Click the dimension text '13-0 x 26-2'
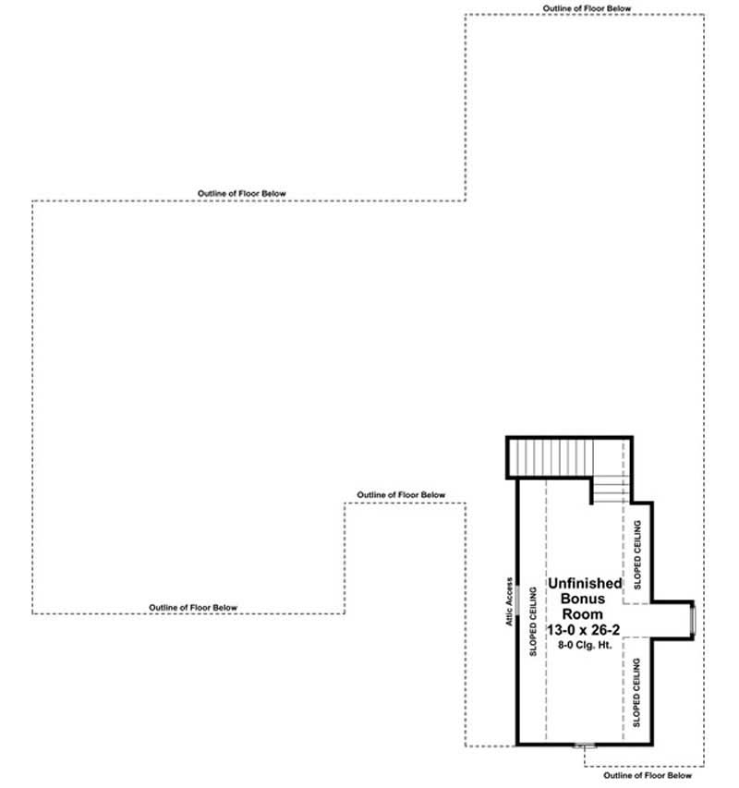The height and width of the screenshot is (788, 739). click(x=584, y=629)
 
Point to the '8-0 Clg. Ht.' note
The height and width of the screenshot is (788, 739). click(x=584, y=645)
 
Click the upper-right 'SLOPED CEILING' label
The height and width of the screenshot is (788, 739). click(x=637, y=554)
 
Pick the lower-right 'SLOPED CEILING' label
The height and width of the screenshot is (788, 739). click(x=637, y=690)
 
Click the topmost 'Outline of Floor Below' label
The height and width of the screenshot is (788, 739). click(x=588, y=8)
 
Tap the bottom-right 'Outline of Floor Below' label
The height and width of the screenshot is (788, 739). click(x=647, y=776)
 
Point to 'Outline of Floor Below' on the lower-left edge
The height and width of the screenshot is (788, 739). click(x=193, y=607)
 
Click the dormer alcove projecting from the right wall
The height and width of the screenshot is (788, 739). click(x=672, y=617)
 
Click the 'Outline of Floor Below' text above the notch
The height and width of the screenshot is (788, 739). click(x=401, y=495)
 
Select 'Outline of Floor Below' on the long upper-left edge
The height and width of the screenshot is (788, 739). click(x=242, y=193)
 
